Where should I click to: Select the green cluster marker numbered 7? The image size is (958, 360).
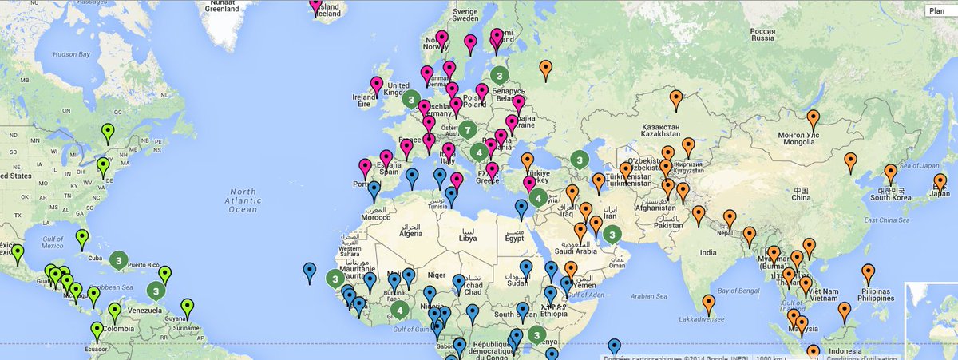tap(468, 129)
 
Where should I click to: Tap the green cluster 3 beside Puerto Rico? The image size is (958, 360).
tap(119, 260)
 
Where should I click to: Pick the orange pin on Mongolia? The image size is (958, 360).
tap(813, 119)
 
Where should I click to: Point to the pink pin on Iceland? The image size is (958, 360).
tap(315, 5)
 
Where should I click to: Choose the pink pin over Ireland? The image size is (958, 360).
tap(376, 84)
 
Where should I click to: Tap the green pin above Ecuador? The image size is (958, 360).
tap(97, 330)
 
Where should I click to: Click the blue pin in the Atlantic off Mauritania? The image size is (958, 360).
tap(310, 271)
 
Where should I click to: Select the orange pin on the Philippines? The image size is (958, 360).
tap(868, 273)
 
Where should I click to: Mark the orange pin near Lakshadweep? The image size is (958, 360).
tap(708, 303)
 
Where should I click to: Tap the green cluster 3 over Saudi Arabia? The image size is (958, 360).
tap(612, 235)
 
